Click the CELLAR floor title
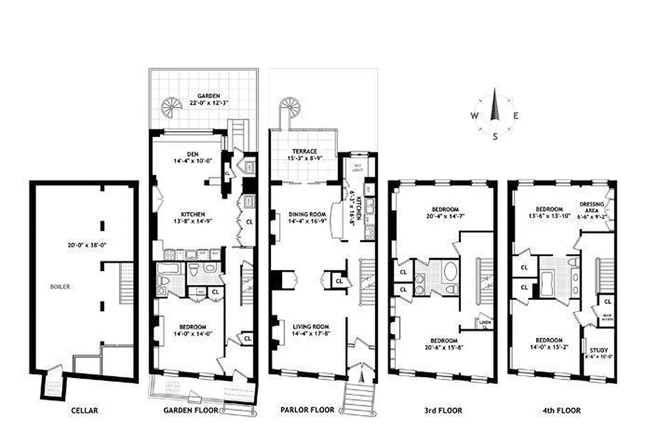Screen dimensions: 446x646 pyautogui.click(x=85, y=411)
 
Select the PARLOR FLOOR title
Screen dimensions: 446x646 pyautogui.click(x=307, y=410)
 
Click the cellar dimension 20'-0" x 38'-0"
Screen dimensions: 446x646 pyautogui.click(x=84, y=245)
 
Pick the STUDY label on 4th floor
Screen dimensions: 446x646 pyautogui.click(x=600, y=350)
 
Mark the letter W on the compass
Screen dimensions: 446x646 pyautogui.click(x=474, y=116)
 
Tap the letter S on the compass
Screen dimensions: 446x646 pyautogui.click(x=494, y=135)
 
